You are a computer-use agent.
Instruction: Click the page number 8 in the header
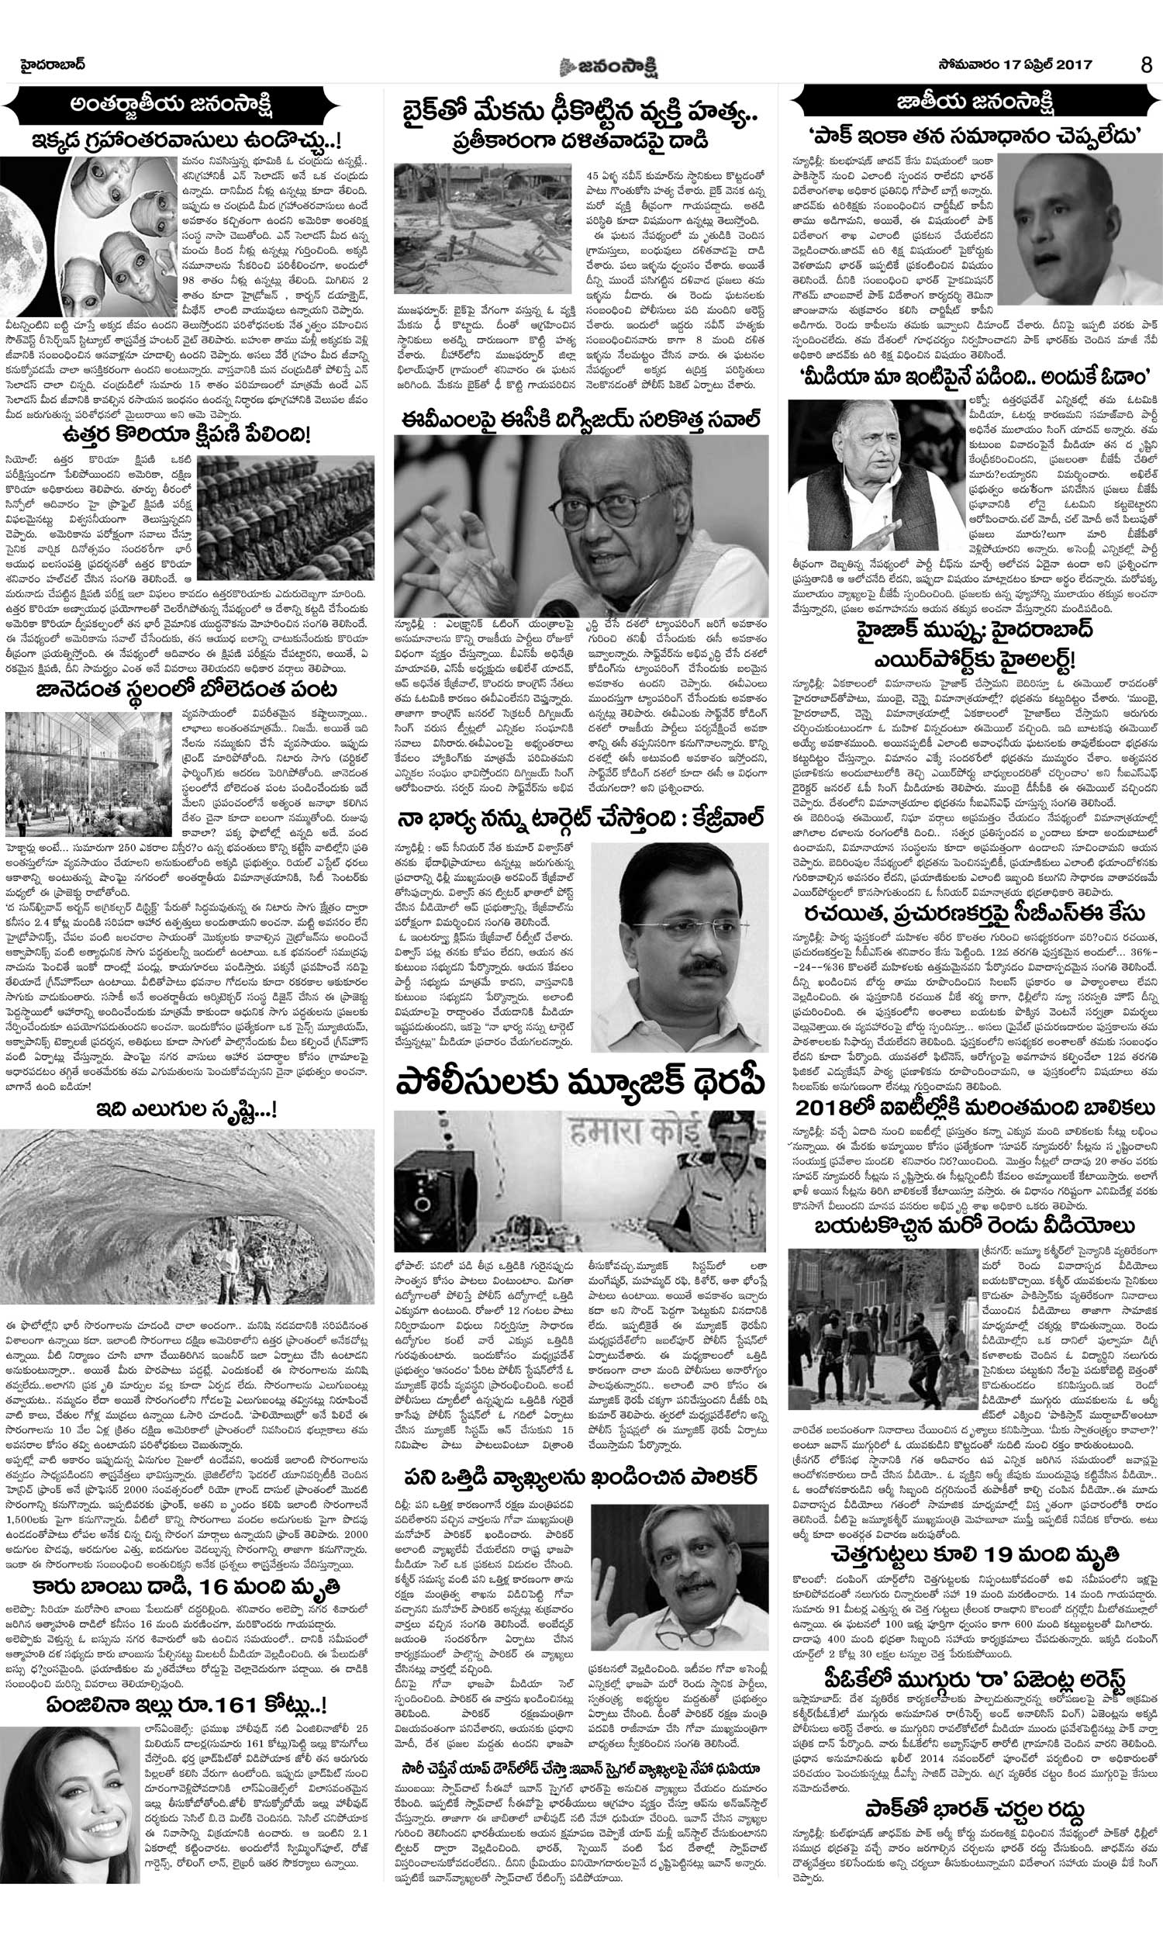click(1147, 66)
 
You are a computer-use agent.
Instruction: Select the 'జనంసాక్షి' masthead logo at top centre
click(584, 66)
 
